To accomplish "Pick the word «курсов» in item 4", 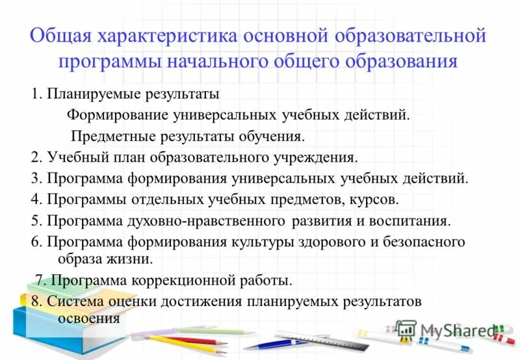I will pos(376,199).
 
